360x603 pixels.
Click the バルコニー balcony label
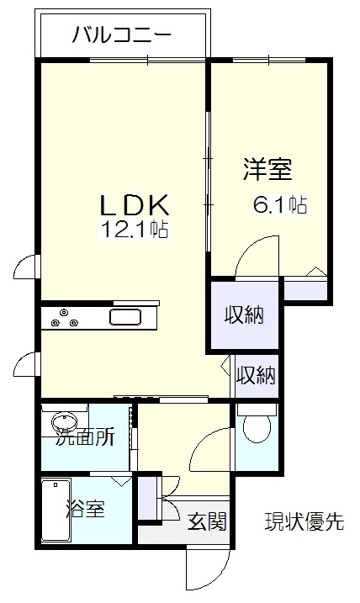tap(121, 35)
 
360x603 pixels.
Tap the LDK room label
tap(135, 204)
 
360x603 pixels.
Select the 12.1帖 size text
tap(135, 229)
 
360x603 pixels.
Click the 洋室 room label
tap(267, 169)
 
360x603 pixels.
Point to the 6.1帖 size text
tap(279, 204)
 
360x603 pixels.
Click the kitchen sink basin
tap(125, 318)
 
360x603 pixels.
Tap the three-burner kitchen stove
tap(65, 318)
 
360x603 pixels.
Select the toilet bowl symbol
tap(257, 424)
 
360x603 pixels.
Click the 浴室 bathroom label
tap(86, 508)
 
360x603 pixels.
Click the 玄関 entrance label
tap(207, 521)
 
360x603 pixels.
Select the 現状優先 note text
tap(304, 521)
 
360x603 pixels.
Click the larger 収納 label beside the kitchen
tap(244, 315)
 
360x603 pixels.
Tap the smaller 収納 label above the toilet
tap(256, 375)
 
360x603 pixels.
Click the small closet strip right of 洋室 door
tap(305, 291)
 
